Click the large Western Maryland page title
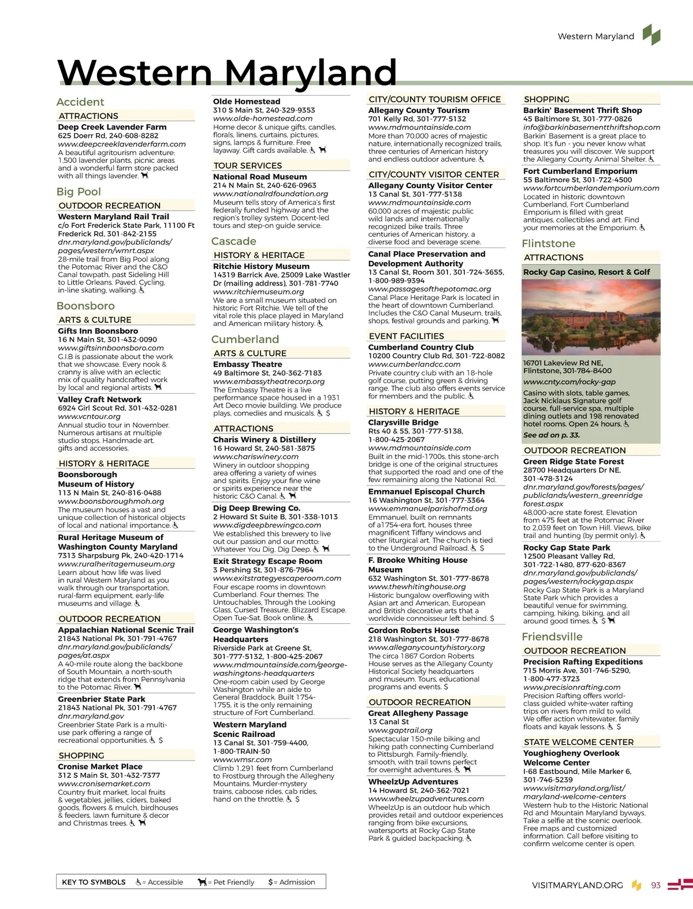pos(227,73)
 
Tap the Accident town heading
pos(80,102)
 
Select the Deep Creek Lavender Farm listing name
pos(112,127)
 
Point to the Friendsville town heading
pos(552,637)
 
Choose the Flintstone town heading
pos(549,244)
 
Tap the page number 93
pos(655,885)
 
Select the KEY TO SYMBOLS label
pos(94,882)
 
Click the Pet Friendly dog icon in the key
pos(202,882)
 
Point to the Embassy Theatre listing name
pos(248,364)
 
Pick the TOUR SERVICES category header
pos(248,166)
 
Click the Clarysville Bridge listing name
pos(404,422)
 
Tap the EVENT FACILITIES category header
pos(407,336)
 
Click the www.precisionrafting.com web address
pos(572,687)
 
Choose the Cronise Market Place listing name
pos(100,766)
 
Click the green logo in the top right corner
pos(652,35)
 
